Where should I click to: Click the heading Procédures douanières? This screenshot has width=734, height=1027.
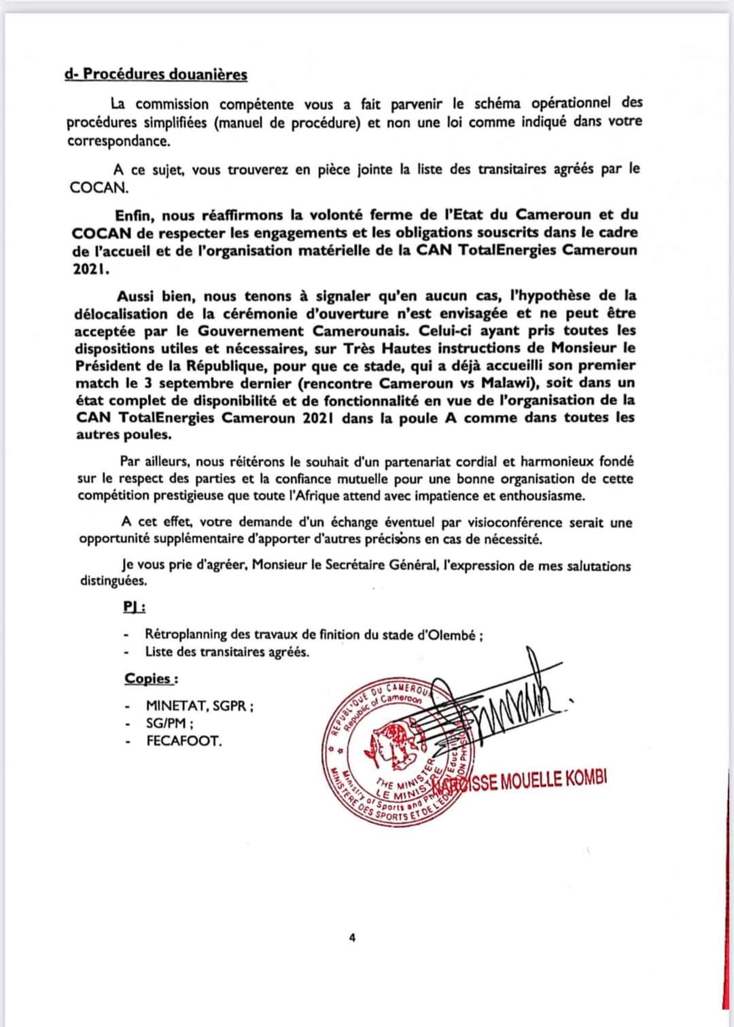[164, 75]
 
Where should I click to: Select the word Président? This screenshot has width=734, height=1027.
[109, 365]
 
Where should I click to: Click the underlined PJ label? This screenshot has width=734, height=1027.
[133, 607]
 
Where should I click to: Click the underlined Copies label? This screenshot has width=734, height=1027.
[151, 679]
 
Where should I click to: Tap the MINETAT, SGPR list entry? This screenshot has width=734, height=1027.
[200, 706]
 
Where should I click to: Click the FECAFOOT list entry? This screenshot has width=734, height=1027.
[183, 741]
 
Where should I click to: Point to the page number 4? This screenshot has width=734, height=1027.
[352, 939]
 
